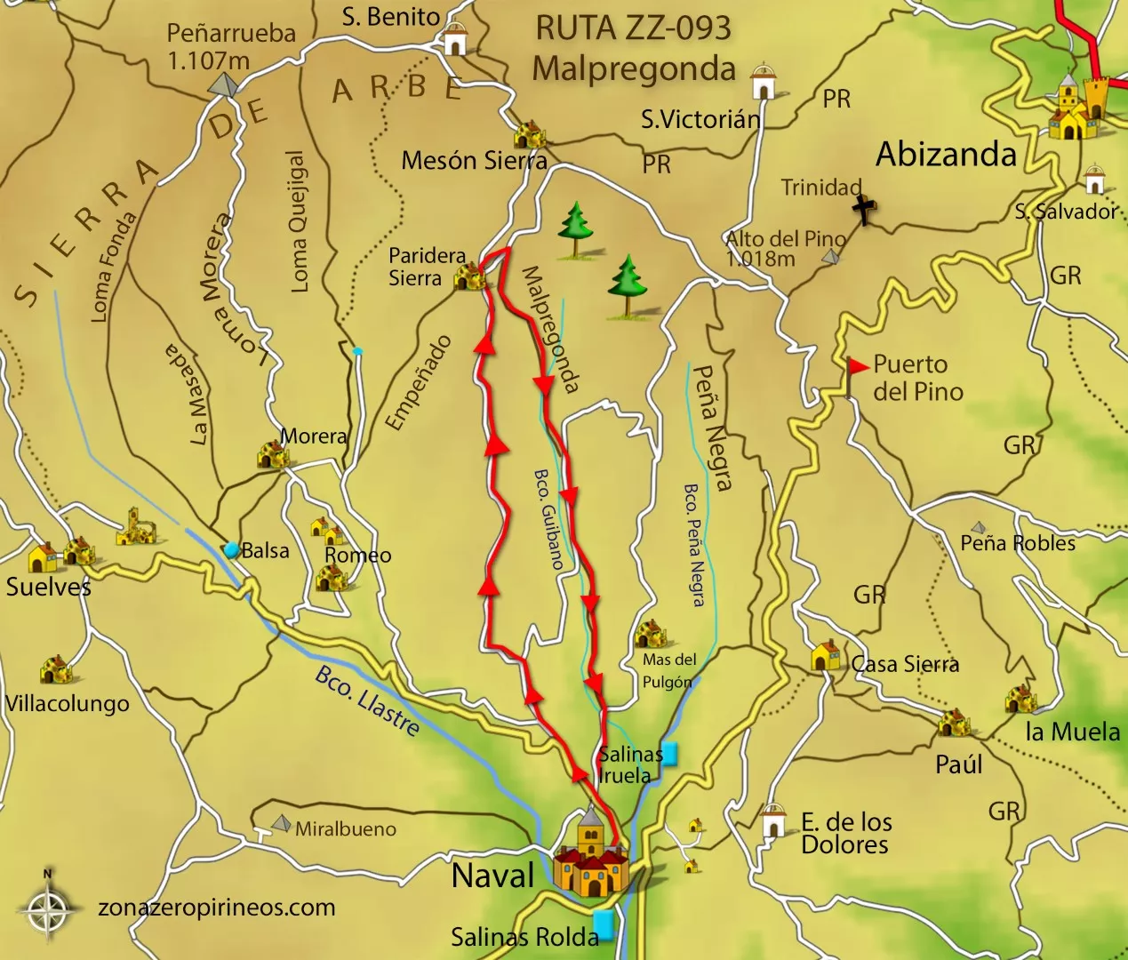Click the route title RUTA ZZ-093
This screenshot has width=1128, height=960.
point(633,28)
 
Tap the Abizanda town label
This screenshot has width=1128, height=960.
point(946,155)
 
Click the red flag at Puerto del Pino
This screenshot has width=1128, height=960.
point(857,366)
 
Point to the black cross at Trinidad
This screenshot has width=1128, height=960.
point(863,211)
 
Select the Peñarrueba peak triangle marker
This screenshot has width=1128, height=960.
point(222,84)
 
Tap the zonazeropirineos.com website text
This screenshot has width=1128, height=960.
point(216,908)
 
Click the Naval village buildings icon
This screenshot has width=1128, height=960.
point(590,858)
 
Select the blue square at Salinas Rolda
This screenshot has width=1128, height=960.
point(604,924)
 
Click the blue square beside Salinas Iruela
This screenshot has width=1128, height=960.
point(669,753)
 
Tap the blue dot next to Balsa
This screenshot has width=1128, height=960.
point(232,550)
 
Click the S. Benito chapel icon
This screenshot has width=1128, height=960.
point(454,39)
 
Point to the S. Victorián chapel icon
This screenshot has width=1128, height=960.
point(762,82)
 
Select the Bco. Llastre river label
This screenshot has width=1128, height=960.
point(367,701)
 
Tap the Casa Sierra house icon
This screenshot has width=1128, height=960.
point(826,656)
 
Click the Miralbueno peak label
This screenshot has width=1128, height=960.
point(346,829)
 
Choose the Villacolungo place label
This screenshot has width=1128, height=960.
point(68,704)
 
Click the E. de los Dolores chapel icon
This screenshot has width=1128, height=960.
point(774,821)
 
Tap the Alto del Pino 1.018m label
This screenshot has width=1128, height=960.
point(784,249)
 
